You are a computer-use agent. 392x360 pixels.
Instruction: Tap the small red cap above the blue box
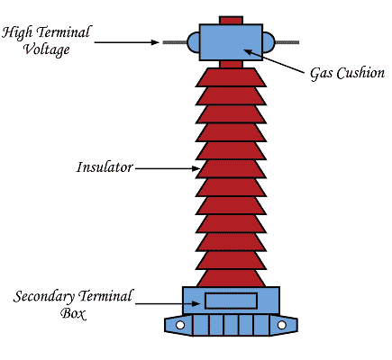pos(232,19)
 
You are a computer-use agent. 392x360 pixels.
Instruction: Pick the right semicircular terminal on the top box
pos(268,41)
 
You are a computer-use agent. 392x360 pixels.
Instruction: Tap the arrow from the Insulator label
pos(167,167)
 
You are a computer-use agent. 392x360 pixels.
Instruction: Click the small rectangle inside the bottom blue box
pos(232,301)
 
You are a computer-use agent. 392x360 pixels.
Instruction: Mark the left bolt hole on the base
pos(180,324)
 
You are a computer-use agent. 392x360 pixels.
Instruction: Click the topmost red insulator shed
pos(232,78)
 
